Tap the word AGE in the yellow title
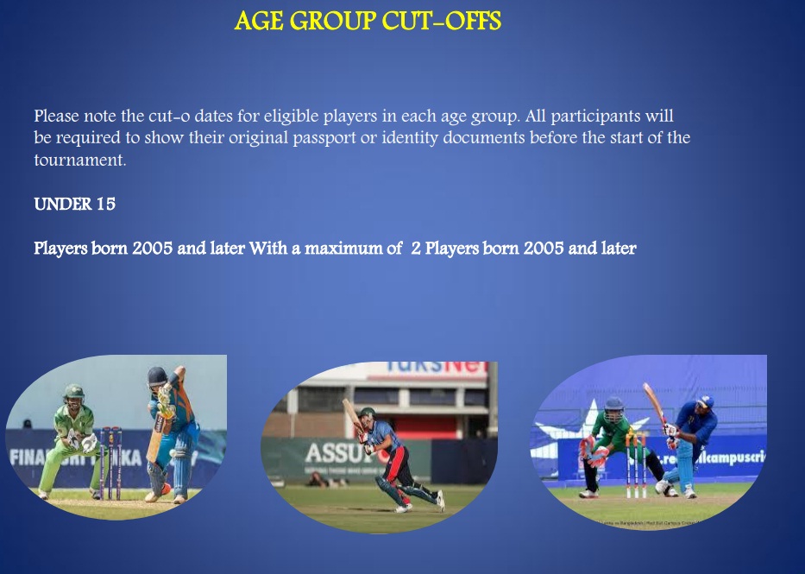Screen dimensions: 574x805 tap(260, 22)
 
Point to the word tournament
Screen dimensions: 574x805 tap(79, 161)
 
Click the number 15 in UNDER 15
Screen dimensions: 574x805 tap(106, 205)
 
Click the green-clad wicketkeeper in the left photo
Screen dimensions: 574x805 tap(73, 436)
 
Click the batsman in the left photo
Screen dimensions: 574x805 tap(168, 432)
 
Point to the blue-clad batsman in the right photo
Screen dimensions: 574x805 tap(686, 440)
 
